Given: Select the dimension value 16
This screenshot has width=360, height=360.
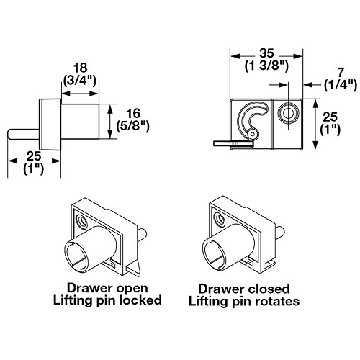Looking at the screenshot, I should point(132,114).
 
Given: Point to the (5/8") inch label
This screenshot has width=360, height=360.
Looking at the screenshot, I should point(132,127).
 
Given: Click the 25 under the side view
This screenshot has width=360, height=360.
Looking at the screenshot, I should point(32,156).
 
